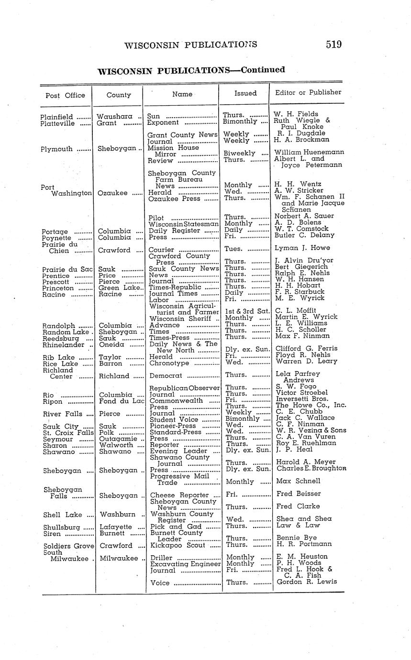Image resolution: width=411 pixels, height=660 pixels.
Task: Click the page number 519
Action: point(333,44)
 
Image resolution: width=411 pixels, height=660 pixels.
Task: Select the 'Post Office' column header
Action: point(65,95)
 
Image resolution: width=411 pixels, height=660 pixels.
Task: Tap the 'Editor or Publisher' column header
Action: point(308,92)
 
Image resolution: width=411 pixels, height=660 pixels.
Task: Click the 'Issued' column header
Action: point(245,93)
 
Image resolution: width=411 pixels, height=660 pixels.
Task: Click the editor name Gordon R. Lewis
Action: point(307,582)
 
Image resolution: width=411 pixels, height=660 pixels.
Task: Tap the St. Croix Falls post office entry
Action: point(68,432)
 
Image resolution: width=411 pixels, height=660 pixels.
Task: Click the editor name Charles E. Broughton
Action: point(311,468)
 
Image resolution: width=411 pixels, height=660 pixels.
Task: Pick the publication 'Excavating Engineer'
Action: point(185,563)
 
